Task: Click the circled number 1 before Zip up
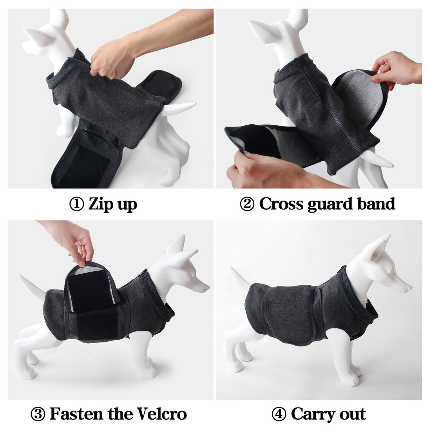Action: pos(76,205)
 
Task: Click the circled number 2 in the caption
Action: pos(247,205)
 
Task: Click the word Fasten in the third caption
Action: pos(76,414)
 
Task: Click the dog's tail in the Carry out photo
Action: pos(239,278)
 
